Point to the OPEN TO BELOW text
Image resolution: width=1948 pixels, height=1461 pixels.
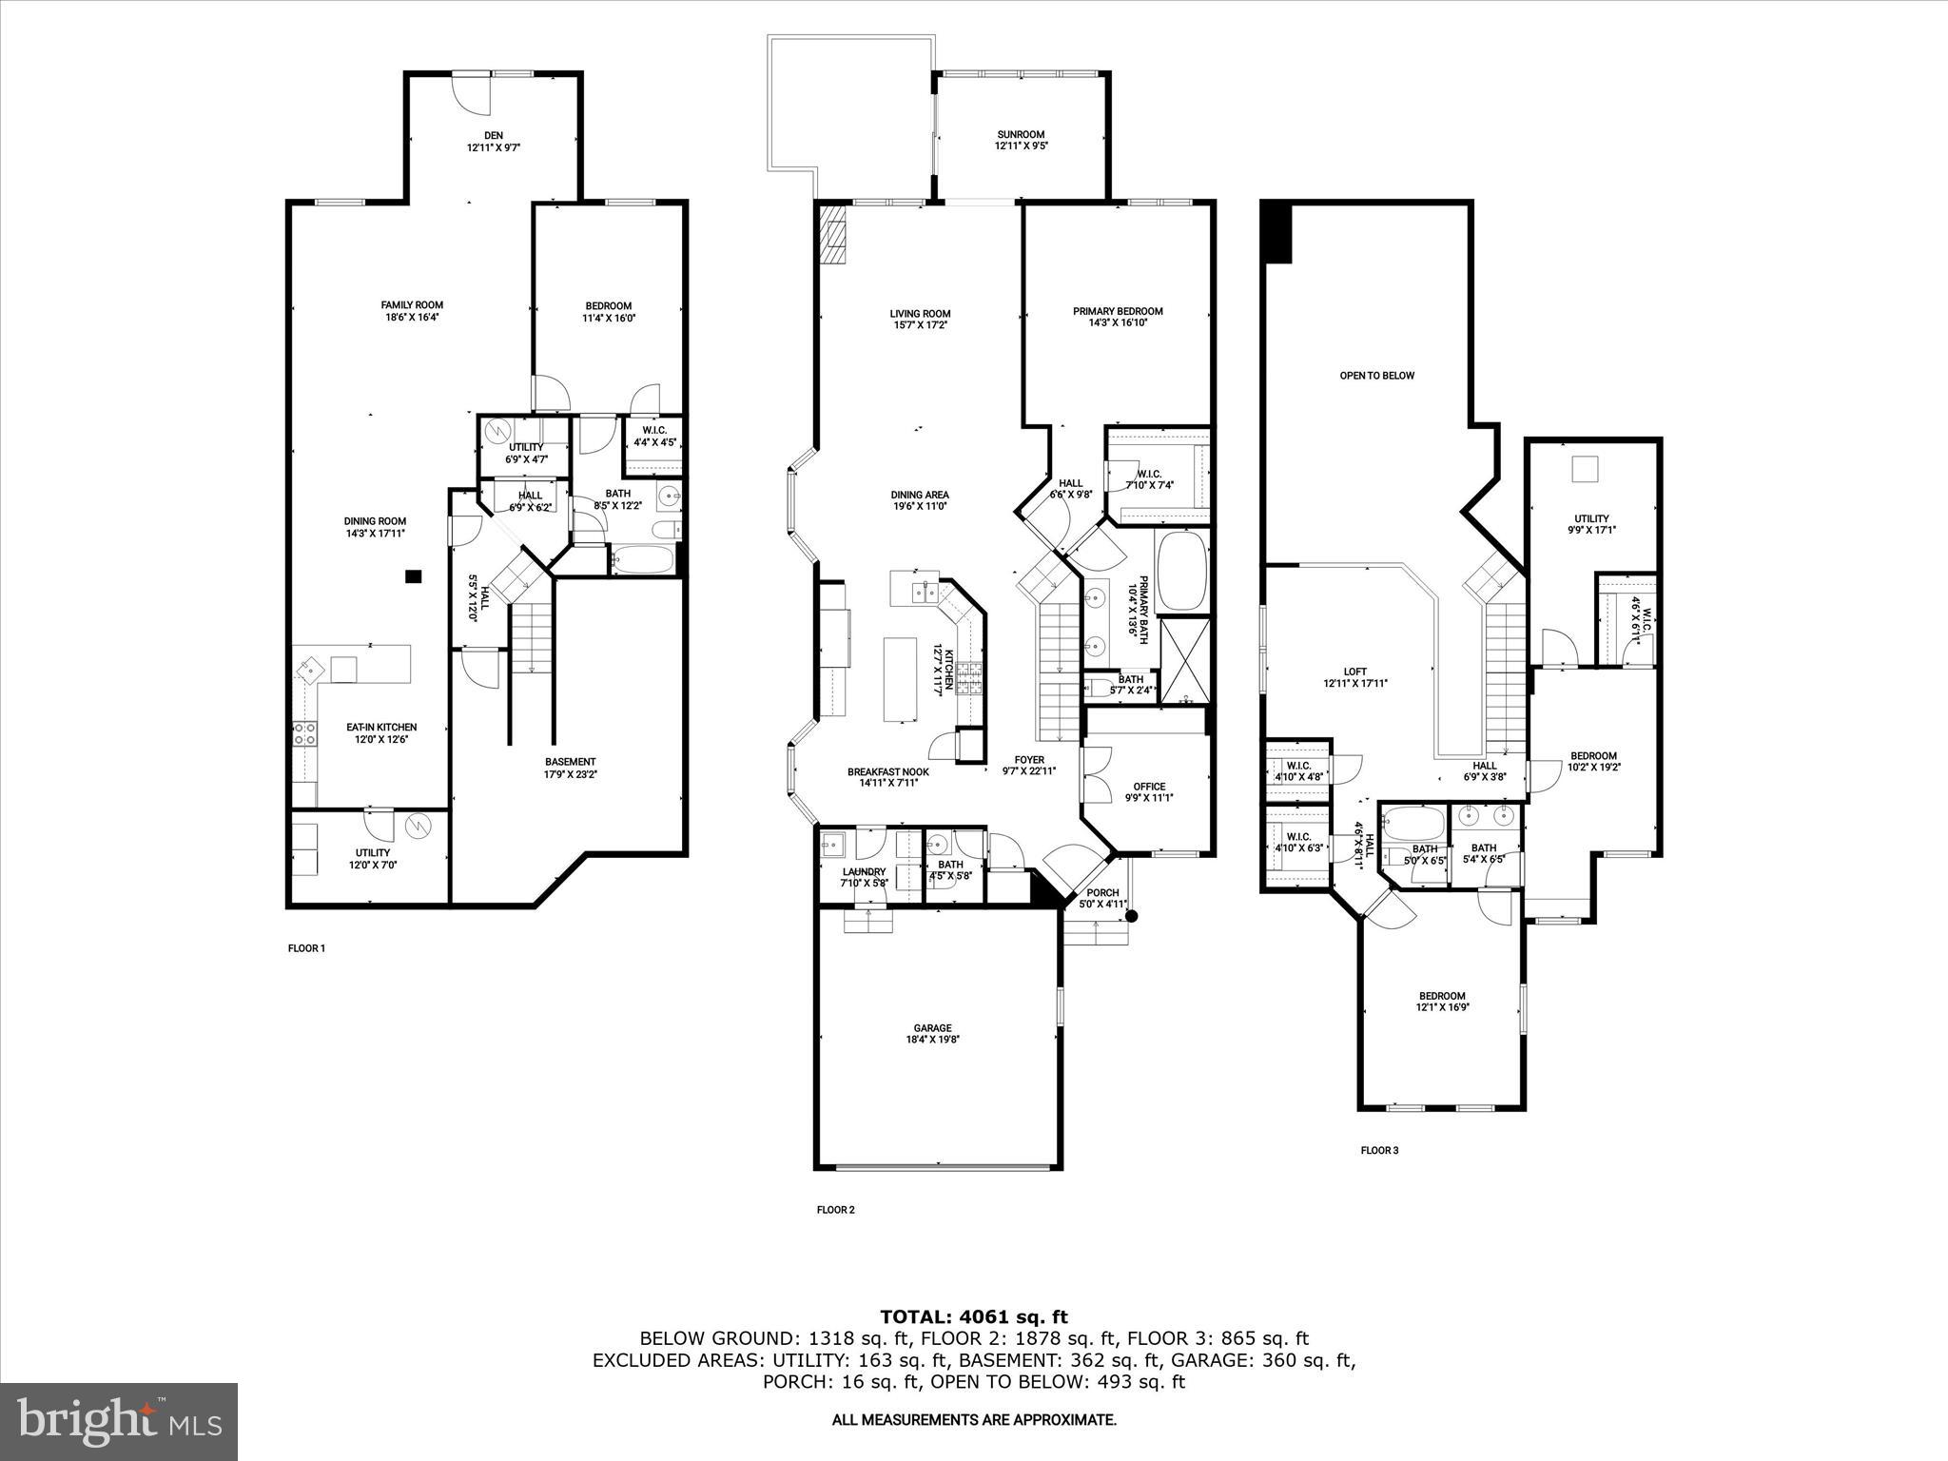1376,376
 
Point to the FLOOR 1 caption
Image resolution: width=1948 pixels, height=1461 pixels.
306,948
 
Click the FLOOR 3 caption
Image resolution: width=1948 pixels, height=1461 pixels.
1379,1150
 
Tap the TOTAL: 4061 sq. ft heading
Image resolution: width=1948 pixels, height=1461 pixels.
974,1316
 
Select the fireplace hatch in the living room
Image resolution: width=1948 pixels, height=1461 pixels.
832,234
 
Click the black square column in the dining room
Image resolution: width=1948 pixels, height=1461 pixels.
413,575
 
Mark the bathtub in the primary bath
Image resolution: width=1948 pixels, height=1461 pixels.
1182,571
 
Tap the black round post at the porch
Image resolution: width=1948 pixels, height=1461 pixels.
1131,916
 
